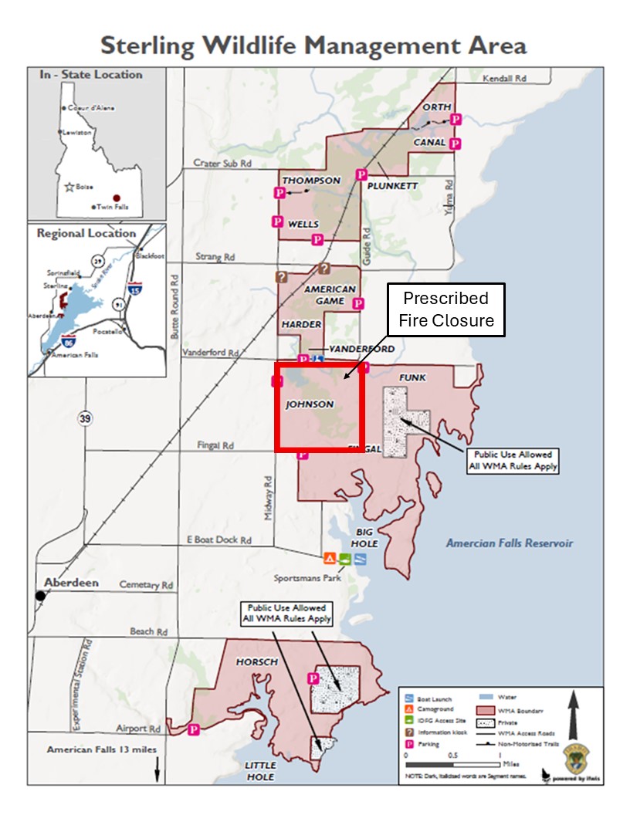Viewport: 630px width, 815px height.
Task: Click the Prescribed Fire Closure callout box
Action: [445, 309]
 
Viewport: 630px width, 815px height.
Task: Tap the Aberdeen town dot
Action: [41, 596]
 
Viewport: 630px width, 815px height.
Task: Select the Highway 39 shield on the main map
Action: [85, 418]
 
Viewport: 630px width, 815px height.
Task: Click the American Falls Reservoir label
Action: [510, 543]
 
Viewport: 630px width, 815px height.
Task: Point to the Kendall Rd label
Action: [503, 79]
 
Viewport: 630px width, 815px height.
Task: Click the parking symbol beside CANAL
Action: [456, 144]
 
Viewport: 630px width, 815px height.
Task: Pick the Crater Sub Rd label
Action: [223, 164]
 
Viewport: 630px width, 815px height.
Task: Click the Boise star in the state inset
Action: [69, 187]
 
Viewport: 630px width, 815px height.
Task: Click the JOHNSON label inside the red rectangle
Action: [310, 404]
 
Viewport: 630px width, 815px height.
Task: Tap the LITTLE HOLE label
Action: [260, 771]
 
